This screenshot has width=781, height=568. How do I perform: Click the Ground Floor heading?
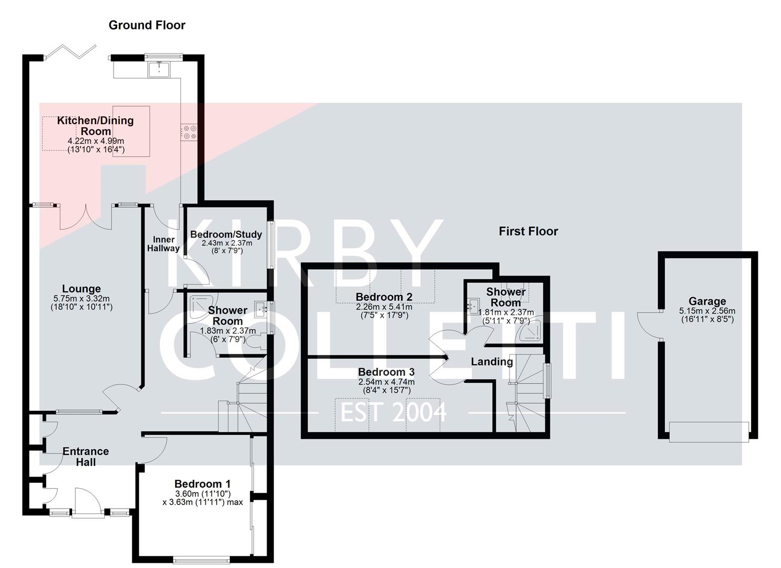[147, 25]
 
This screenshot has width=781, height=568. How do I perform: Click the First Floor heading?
[528, 231]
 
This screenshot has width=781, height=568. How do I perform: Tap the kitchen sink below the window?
[158, 69]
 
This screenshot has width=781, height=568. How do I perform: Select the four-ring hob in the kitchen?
[189, 132]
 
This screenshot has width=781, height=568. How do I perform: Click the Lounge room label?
[81, 289]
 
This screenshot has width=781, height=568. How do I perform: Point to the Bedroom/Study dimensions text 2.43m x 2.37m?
[227, 243]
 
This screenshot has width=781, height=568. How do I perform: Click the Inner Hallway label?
[163, 244]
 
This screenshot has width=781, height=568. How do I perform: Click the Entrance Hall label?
[85, 457]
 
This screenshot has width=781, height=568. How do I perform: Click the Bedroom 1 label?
[202, 484]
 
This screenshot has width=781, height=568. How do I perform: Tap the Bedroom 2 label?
[384, 297]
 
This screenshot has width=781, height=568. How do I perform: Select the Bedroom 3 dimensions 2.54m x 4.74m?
[386, 382]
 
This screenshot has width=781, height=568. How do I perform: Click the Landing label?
[491, 362]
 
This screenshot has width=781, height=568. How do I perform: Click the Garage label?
[707, 301]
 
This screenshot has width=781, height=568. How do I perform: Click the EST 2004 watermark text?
[393, 412]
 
